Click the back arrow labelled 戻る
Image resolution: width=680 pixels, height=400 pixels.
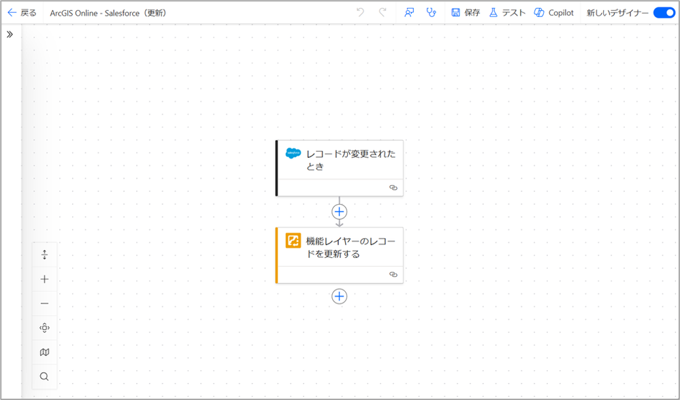(x=22, y=13)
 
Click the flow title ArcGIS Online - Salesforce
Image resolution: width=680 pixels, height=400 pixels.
(x=108, y=13)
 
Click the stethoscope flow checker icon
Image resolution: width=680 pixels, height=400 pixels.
(x=431, y=13)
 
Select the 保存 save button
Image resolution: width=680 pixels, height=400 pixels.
(x=466, y=13)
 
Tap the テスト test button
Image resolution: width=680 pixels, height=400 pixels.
(x=507, y=13)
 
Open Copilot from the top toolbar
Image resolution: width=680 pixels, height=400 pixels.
(x=554, y=13)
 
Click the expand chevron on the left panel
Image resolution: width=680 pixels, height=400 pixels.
(x=10, y=34)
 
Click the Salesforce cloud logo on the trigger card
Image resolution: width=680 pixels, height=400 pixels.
(x=293, y=153)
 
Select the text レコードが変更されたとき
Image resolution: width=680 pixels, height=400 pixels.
(x=351, y=160)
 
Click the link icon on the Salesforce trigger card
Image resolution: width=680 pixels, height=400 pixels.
(x=393, y=188)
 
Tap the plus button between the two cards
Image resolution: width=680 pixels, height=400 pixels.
(x=339, y=212)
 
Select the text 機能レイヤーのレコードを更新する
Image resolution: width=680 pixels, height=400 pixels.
(x=351, y=247)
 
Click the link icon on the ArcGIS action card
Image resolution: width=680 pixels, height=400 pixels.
(x=393, y=274)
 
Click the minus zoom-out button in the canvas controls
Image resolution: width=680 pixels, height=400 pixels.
(x=45, y=303)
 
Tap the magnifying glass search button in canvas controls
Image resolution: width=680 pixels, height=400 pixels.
(x=45, y=376)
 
